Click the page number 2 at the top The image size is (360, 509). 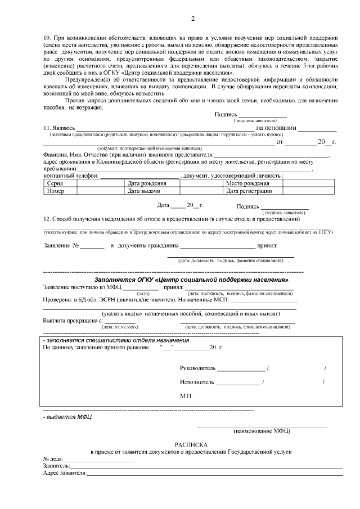click(x=192, y=19)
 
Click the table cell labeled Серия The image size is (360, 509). click(x=55, y=183)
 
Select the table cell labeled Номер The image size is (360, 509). click(x=56, y=191)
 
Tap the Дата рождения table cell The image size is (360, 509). click(x=147, y=183)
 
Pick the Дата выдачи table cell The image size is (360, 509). click(x=145, y=191)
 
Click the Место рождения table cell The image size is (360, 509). click(x=247, y=183)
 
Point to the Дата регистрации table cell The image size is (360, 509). click(x=249, y=191)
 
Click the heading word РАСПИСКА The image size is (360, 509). click(x=192, y=444)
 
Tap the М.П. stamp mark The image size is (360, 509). click(x=186, y=396)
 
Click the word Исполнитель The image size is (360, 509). click(x=197, y=382)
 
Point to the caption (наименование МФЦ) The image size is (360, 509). click(x=262, y=431)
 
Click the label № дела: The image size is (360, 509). click(x=53, y=459)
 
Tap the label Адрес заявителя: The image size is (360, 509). click(x=65, y=474)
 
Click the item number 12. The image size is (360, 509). click(x=47, y=218)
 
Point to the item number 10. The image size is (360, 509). click(x=47, y=37)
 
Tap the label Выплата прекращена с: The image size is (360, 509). click(x=73, y=320)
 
